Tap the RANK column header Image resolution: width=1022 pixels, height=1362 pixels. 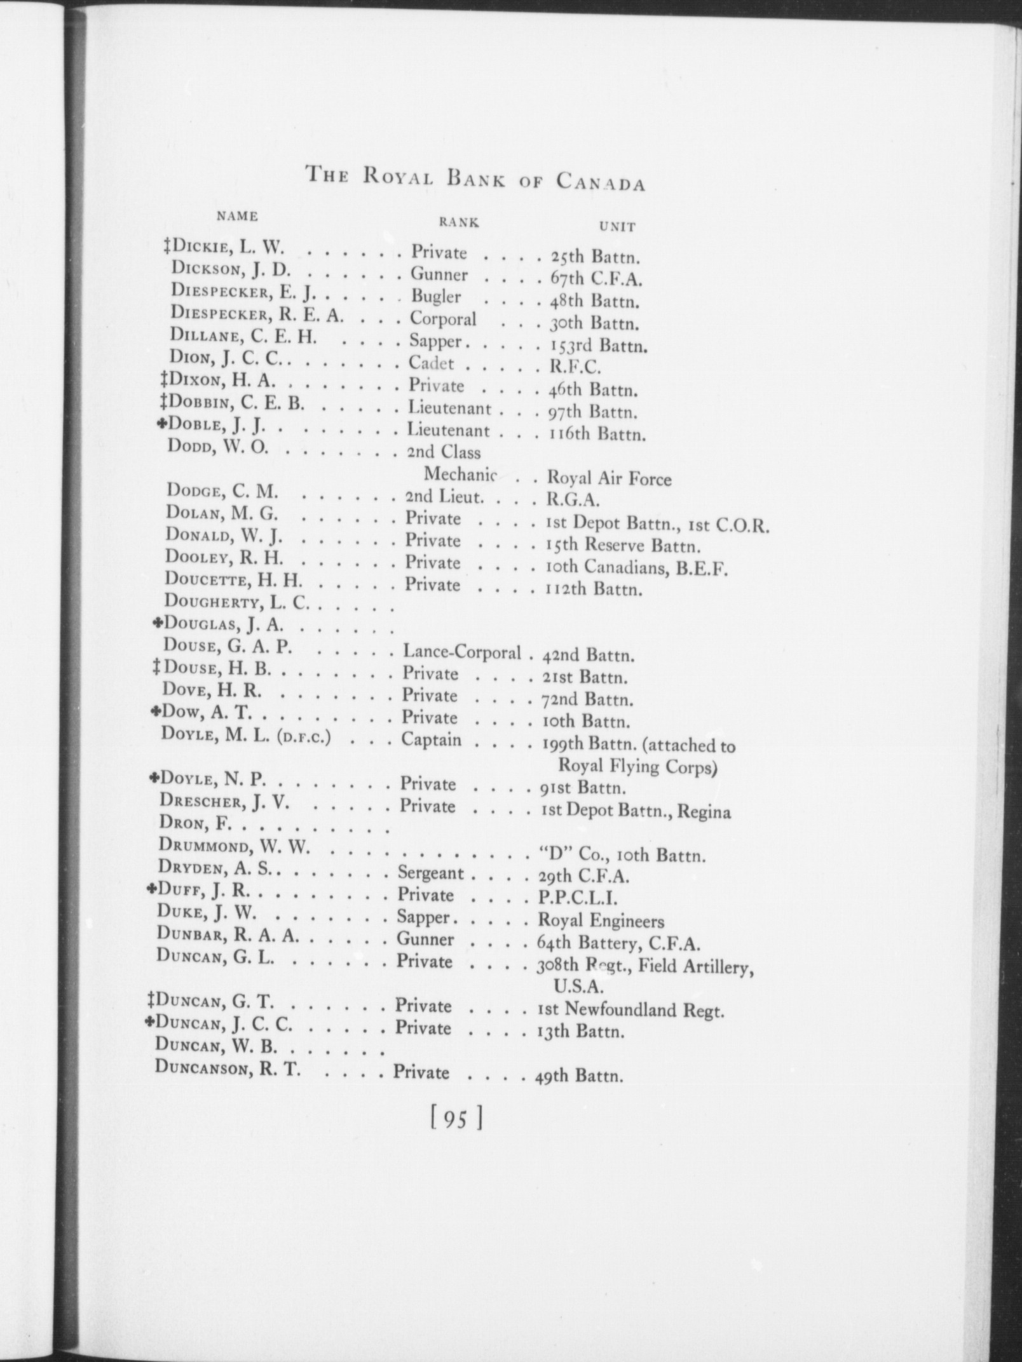(458, 222)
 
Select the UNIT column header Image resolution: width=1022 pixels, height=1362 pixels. (617, 226)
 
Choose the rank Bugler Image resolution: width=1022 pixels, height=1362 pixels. (435, 297)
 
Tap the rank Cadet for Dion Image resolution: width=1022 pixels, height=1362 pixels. (432, 363)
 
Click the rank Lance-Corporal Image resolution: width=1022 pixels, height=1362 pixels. (461, 652)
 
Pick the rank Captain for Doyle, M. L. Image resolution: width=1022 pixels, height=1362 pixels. (431, 741)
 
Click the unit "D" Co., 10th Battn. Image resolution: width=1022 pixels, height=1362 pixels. (622, 855)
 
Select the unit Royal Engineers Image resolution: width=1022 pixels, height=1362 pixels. (601, 921)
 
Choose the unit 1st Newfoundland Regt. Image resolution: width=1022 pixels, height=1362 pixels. (630, 1009)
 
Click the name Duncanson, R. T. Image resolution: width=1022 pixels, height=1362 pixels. (228, 1070)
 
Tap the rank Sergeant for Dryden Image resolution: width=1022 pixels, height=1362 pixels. (430, 873)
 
